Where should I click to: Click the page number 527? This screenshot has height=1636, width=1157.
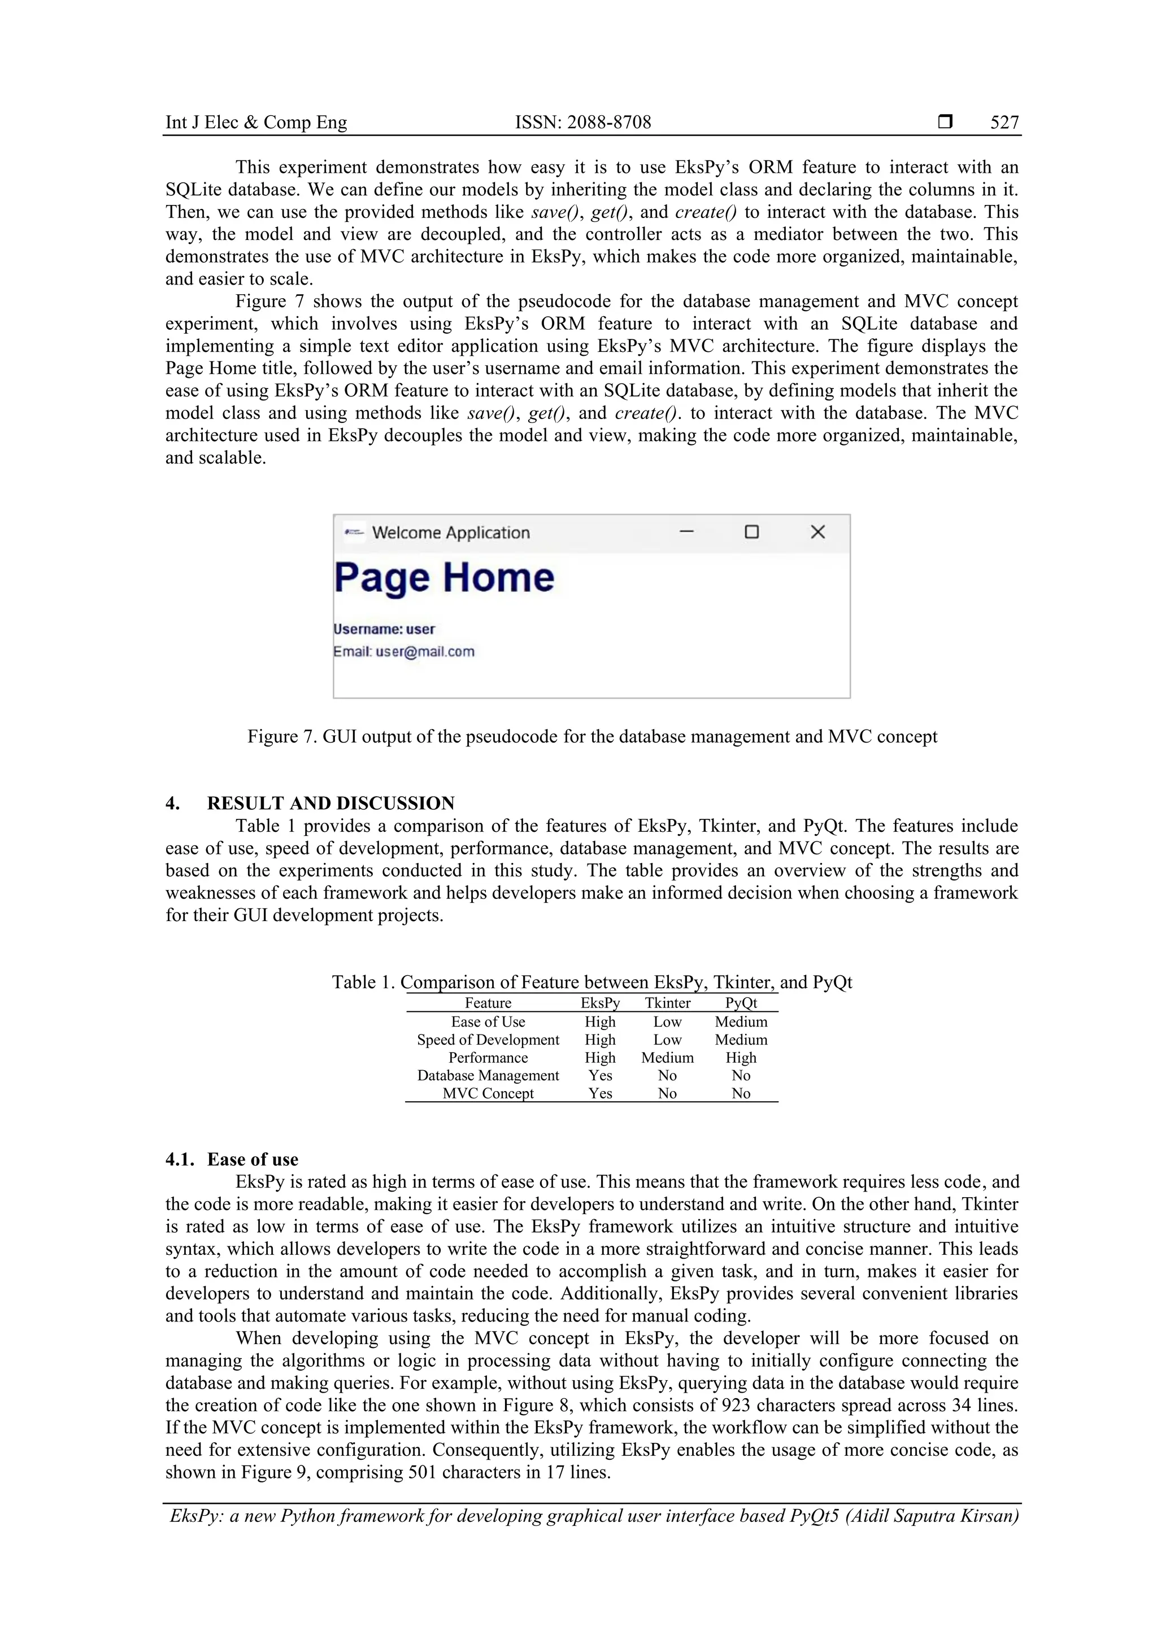tap(1004, 123)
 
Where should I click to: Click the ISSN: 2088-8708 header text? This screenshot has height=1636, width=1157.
tap(582, 123)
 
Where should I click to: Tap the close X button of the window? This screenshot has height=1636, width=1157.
tap(817, 533)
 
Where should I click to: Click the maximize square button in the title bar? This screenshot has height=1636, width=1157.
tap(751, 533)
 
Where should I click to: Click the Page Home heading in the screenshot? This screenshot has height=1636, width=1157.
tap(443, 578)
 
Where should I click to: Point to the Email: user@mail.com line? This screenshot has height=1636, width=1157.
tap(403, 651)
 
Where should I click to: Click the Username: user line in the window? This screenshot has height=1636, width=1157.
tap(384, 629)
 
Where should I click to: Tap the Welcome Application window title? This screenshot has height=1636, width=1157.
tap(450, 533)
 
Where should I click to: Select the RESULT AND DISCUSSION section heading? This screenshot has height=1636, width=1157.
tap(330, 803)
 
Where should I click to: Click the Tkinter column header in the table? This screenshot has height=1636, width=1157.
tap(667, 1004)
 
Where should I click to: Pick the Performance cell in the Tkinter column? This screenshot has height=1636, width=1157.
tap(667, 1057)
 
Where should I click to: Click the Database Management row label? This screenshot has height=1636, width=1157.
tap(488, 1075)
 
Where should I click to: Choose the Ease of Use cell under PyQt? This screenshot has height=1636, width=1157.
tap(741, 1022)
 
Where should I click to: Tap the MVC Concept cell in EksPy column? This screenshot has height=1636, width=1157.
tap(600, 1093)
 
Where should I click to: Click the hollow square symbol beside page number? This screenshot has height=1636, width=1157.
tap(945, 122)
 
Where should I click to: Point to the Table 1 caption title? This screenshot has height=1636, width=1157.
tap(591, 982)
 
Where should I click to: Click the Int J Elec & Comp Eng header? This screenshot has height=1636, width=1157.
tap(256, 123)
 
